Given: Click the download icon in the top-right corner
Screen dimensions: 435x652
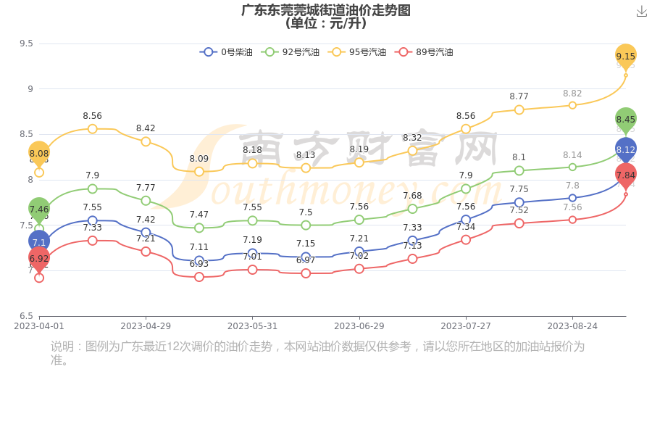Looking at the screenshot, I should [x=641, y=12].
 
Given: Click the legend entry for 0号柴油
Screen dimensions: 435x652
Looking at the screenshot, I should [x=227, y=52].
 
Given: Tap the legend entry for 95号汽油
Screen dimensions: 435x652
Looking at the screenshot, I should [x=357, y=52].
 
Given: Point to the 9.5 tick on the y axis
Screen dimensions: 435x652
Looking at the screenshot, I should [x=26, y=43].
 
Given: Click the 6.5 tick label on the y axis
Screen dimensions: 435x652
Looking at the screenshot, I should [x=26, y=316].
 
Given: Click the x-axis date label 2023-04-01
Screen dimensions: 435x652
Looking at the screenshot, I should [x=39, y=326].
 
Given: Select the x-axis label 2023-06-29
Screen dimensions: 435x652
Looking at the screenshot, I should [x=359, y=326].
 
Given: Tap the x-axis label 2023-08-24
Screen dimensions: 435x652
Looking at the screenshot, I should [x=572, y=326].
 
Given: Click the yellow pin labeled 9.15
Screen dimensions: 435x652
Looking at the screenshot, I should [x=626, y=56].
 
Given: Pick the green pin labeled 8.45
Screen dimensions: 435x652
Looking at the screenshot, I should [x=626, y=120].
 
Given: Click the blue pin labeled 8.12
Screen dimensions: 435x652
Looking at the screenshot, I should [x=626, y=150].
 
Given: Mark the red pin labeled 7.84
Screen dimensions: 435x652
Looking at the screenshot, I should [x=626, y=175].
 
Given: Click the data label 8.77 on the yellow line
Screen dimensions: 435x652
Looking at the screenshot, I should [x=519, y=96].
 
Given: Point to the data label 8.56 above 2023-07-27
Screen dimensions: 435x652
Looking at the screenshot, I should [x=466, y=116].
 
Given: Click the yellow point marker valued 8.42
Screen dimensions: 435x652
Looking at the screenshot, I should [x=146, y=141].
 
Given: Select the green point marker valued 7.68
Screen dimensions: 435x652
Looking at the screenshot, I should [x=412, y=209].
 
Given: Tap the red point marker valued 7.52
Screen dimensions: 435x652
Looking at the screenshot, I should [x=519, y=223].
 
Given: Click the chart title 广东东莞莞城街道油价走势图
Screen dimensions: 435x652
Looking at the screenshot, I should [x=326, y=10].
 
